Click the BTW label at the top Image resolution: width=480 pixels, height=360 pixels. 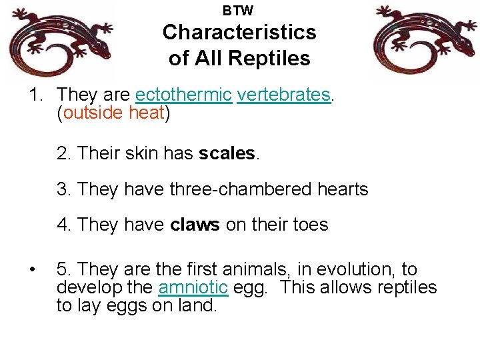[238, 11]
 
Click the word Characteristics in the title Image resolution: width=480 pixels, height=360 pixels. [239, 32]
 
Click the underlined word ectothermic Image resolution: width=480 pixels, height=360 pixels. [183, 95]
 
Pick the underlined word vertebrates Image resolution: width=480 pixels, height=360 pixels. [283, 95]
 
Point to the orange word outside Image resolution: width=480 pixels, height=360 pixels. [93, 113]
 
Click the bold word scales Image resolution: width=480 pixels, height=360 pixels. [227, 153]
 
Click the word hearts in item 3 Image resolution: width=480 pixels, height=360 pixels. [342, 189]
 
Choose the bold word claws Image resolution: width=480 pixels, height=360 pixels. [195, 225]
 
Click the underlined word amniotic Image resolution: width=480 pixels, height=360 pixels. [193, 287]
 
